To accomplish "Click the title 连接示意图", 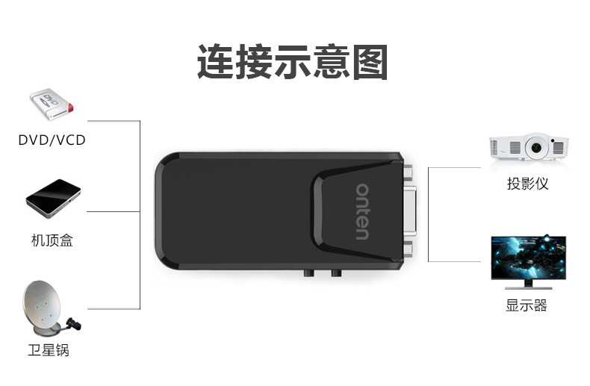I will (292, 62).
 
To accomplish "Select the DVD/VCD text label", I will (52, 140).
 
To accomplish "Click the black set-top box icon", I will (53, 198).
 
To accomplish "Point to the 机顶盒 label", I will (52, 241).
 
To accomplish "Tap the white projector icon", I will (527, 147).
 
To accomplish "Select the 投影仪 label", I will (527, 184).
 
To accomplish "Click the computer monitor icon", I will (527, 261).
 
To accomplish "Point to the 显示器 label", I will (527, 305).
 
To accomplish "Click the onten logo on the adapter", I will (362, 211).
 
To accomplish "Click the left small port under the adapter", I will (308, 273).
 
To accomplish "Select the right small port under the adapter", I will (335, 273).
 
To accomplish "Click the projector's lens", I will (534, 149).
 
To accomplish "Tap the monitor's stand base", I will (527, 286).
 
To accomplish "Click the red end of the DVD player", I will (71, 109).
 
